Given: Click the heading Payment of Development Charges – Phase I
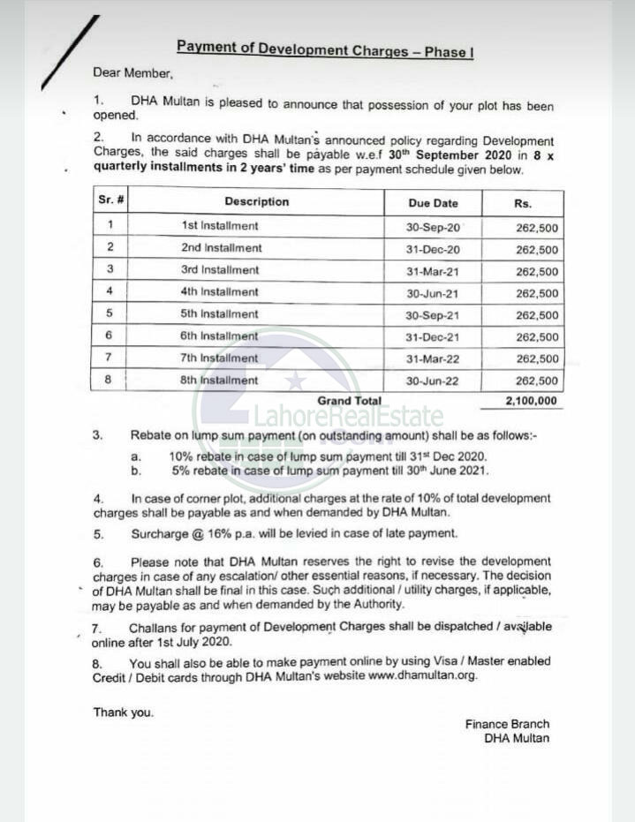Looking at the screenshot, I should (x=325, y=49).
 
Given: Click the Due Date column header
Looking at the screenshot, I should (x=433, y=202).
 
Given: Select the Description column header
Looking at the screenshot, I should (x=256, y=201).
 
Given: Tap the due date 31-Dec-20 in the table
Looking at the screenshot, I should (x=433, y=250).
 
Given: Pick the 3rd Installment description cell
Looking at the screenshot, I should (x=220, y=270).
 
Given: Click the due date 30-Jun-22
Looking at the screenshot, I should (x=433, y=381).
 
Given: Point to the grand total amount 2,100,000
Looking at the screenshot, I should (x=531, y=401).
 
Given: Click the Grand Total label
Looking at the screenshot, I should (x=349, y=401).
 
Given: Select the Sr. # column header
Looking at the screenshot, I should (x=110, y=200).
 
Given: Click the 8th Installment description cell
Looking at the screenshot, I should (x=220, y=381).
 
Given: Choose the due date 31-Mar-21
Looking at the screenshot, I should (x=433, y=272).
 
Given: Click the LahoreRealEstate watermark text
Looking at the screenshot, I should (x=349, y=416).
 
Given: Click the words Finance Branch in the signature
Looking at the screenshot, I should (x=507, y=724).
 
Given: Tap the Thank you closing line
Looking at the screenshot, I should (x=124, y=713).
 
